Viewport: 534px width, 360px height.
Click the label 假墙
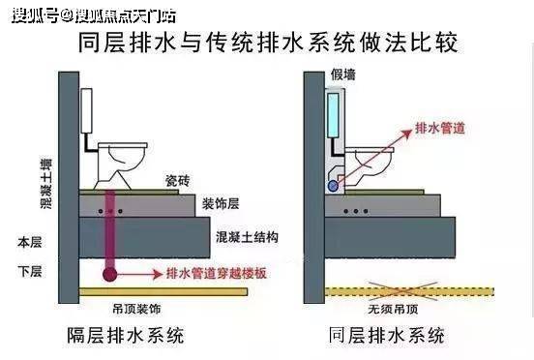(343, 75)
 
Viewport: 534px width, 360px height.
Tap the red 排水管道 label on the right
(440, 128)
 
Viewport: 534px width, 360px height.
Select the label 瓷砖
(177, 181)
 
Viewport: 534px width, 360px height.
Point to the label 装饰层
(221, 203)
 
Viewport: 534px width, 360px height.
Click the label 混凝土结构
(247, 237)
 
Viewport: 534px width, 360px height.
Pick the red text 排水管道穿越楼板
(217, 274)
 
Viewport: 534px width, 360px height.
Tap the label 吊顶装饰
(136, 309)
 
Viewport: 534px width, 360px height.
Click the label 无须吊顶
(393, 309)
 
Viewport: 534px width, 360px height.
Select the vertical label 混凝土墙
(46, 184)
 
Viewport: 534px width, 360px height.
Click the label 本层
(30, 242)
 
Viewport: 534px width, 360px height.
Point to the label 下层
(30, 271)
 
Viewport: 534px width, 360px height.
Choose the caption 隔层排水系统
(126, 336)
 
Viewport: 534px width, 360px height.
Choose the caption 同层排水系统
(387, 336)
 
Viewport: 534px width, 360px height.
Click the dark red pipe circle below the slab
(109, 274)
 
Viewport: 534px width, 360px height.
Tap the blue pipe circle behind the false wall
(333, 186)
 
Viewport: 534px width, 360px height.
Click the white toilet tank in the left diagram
(86, 110)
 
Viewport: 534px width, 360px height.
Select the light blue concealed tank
(333, 115)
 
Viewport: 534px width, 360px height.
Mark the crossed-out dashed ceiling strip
(409, 291)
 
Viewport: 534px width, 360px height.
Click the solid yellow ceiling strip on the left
(163, 291)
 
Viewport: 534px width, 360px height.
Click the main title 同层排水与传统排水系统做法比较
(268, 43)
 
